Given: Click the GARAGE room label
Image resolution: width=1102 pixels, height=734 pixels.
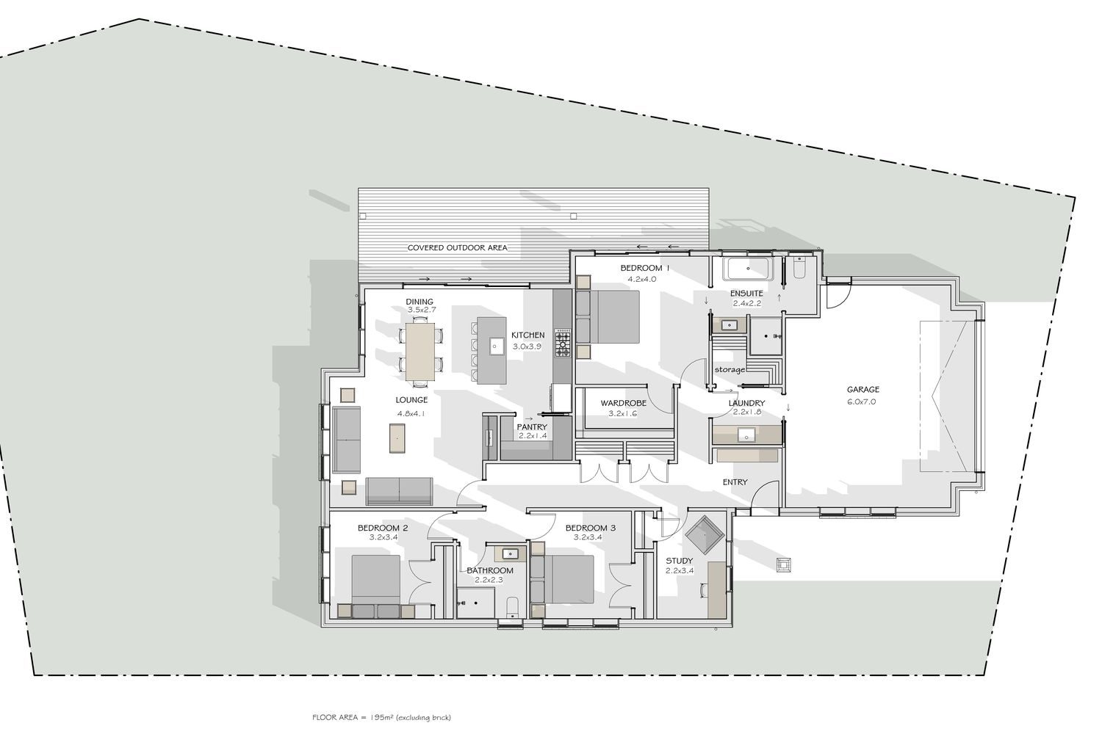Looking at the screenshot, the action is pyautogui.click(x=863, y=389).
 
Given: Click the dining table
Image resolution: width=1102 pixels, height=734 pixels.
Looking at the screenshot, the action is pyautogui.click(x=420, y=351).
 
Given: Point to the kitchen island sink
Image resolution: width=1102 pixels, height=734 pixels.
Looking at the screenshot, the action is pyautogui.click(x=494, y=346).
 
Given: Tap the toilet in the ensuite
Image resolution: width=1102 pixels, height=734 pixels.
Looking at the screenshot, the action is pyautogui.click(x=799, y=268).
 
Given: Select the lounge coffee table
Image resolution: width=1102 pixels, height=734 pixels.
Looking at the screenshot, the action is pyautogui.click(x=397, y=438).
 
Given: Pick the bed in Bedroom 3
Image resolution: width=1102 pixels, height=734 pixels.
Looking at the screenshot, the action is pyautogui.click(x=569, y=579).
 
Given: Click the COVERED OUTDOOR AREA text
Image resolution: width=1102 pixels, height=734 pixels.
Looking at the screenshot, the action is pyautogui.click(x=457, y=248).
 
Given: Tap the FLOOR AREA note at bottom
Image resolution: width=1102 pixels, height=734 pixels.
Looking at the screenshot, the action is pyautogui.click(x=381, y=717).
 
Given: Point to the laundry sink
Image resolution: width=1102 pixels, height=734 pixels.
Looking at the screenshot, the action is pyautogui.click(x=747, y=435).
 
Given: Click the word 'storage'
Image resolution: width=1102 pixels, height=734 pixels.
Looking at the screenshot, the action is pyautogui.click(x=730, y=369).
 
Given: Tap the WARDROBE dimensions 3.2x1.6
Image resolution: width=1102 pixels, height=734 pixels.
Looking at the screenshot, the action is pyautogui.click(x=622, y=413).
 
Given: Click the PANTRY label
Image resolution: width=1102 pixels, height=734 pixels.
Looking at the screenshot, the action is pyautogui.click(x=532, y=427).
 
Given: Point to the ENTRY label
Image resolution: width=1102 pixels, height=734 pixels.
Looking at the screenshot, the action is pyautogui.click(x=735, y=482).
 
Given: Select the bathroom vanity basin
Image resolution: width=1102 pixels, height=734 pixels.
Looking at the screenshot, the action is pyautogui.click(x=510, y=554).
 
